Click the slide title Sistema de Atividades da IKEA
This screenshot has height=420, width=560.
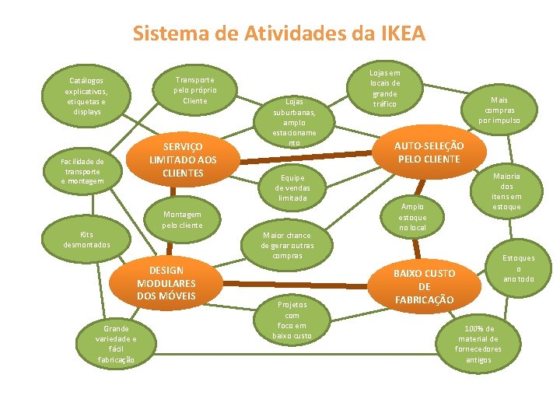[x=279, y=34]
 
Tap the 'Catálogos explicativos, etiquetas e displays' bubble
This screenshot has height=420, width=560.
[x=86, y=96]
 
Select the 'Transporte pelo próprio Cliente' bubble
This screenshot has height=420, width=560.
[x=194, y=90]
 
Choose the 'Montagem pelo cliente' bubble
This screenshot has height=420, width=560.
[x=182, y=220]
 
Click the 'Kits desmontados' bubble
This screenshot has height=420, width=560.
[x=86, y=240]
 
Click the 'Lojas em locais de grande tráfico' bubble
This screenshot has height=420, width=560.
[x=385, y=88]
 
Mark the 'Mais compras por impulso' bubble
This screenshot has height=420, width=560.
[x=496, y=110]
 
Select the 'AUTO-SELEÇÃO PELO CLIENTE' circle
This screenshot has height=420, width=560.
[x=429, y=152]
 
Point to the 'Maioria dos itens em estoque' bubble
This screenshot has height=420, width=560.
[x=506, y=191]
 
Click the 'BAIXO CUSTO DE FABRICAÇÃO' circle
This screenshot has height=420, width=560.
[x=424, y=286]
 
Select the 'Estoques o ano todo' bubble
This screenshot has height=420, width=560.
[x=519, y=268]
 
